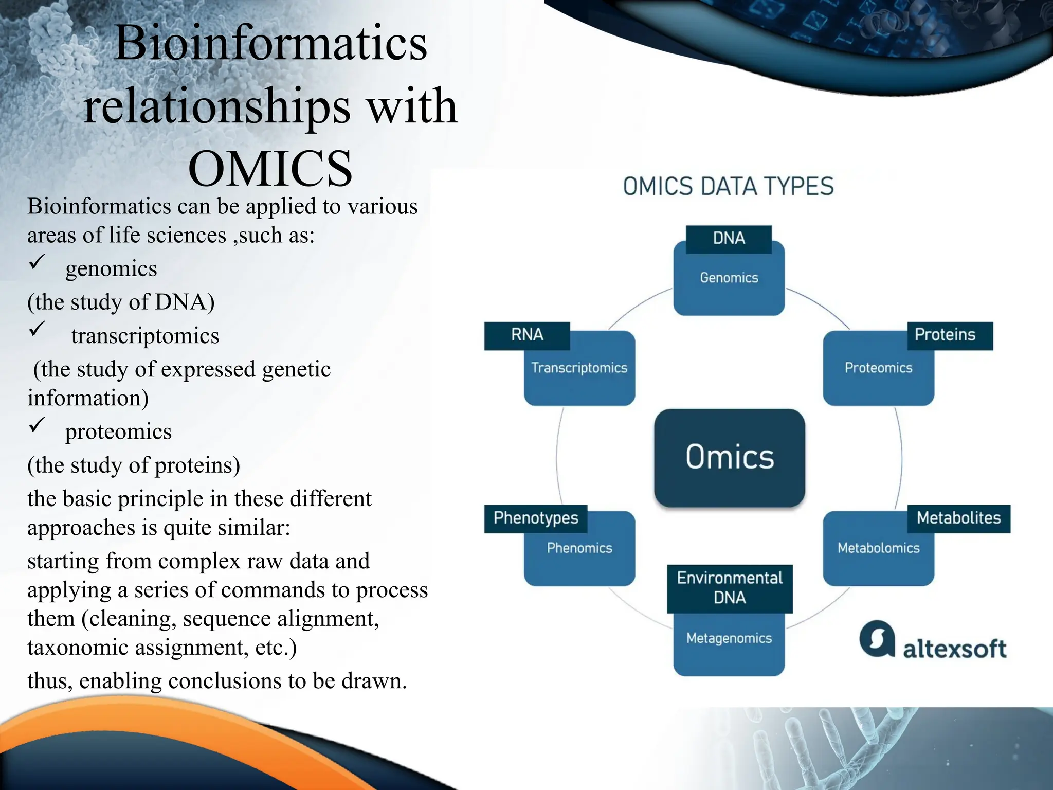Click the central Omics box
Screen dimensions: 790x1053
729,457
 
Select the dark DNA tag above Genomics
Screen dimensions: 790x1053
729,239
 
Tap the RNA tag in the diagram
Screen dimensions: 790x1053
526,335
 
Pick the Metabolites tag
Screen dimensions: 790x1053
958,518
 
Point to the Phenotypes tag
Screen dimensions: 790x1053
536,518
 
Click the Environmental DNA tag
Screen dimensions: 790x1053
729,588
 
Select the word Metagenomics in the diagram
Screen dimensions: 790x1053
729,639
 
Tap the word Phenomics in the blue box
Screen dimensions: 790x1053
579,548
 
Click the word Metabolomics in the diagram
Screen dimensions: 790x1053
878,548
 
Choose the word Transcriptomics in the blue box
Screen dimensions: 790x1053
579,368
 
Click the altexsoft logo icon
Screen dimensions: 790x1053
877,639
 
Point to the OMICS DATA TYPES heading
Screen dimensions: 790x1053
728,187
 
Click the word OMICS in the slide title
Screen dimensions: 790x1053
270,169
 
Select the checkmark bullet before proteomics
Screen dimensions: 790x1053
37,424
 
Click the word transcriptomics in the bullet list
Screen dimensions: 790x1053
145,336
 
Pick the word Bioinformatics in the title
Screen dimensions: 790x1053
270,43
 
